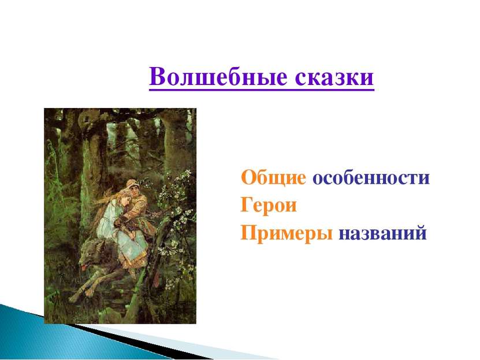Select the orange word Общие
coord(273,178)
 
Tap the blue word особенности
coord(371,178)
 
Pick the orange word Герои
coord(269,205)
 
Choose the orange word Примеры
coord(286,233)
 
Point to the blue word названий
coord(382,232)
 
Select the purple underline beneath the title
coord(262,90)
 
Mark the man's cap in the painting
coord(133,184)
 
